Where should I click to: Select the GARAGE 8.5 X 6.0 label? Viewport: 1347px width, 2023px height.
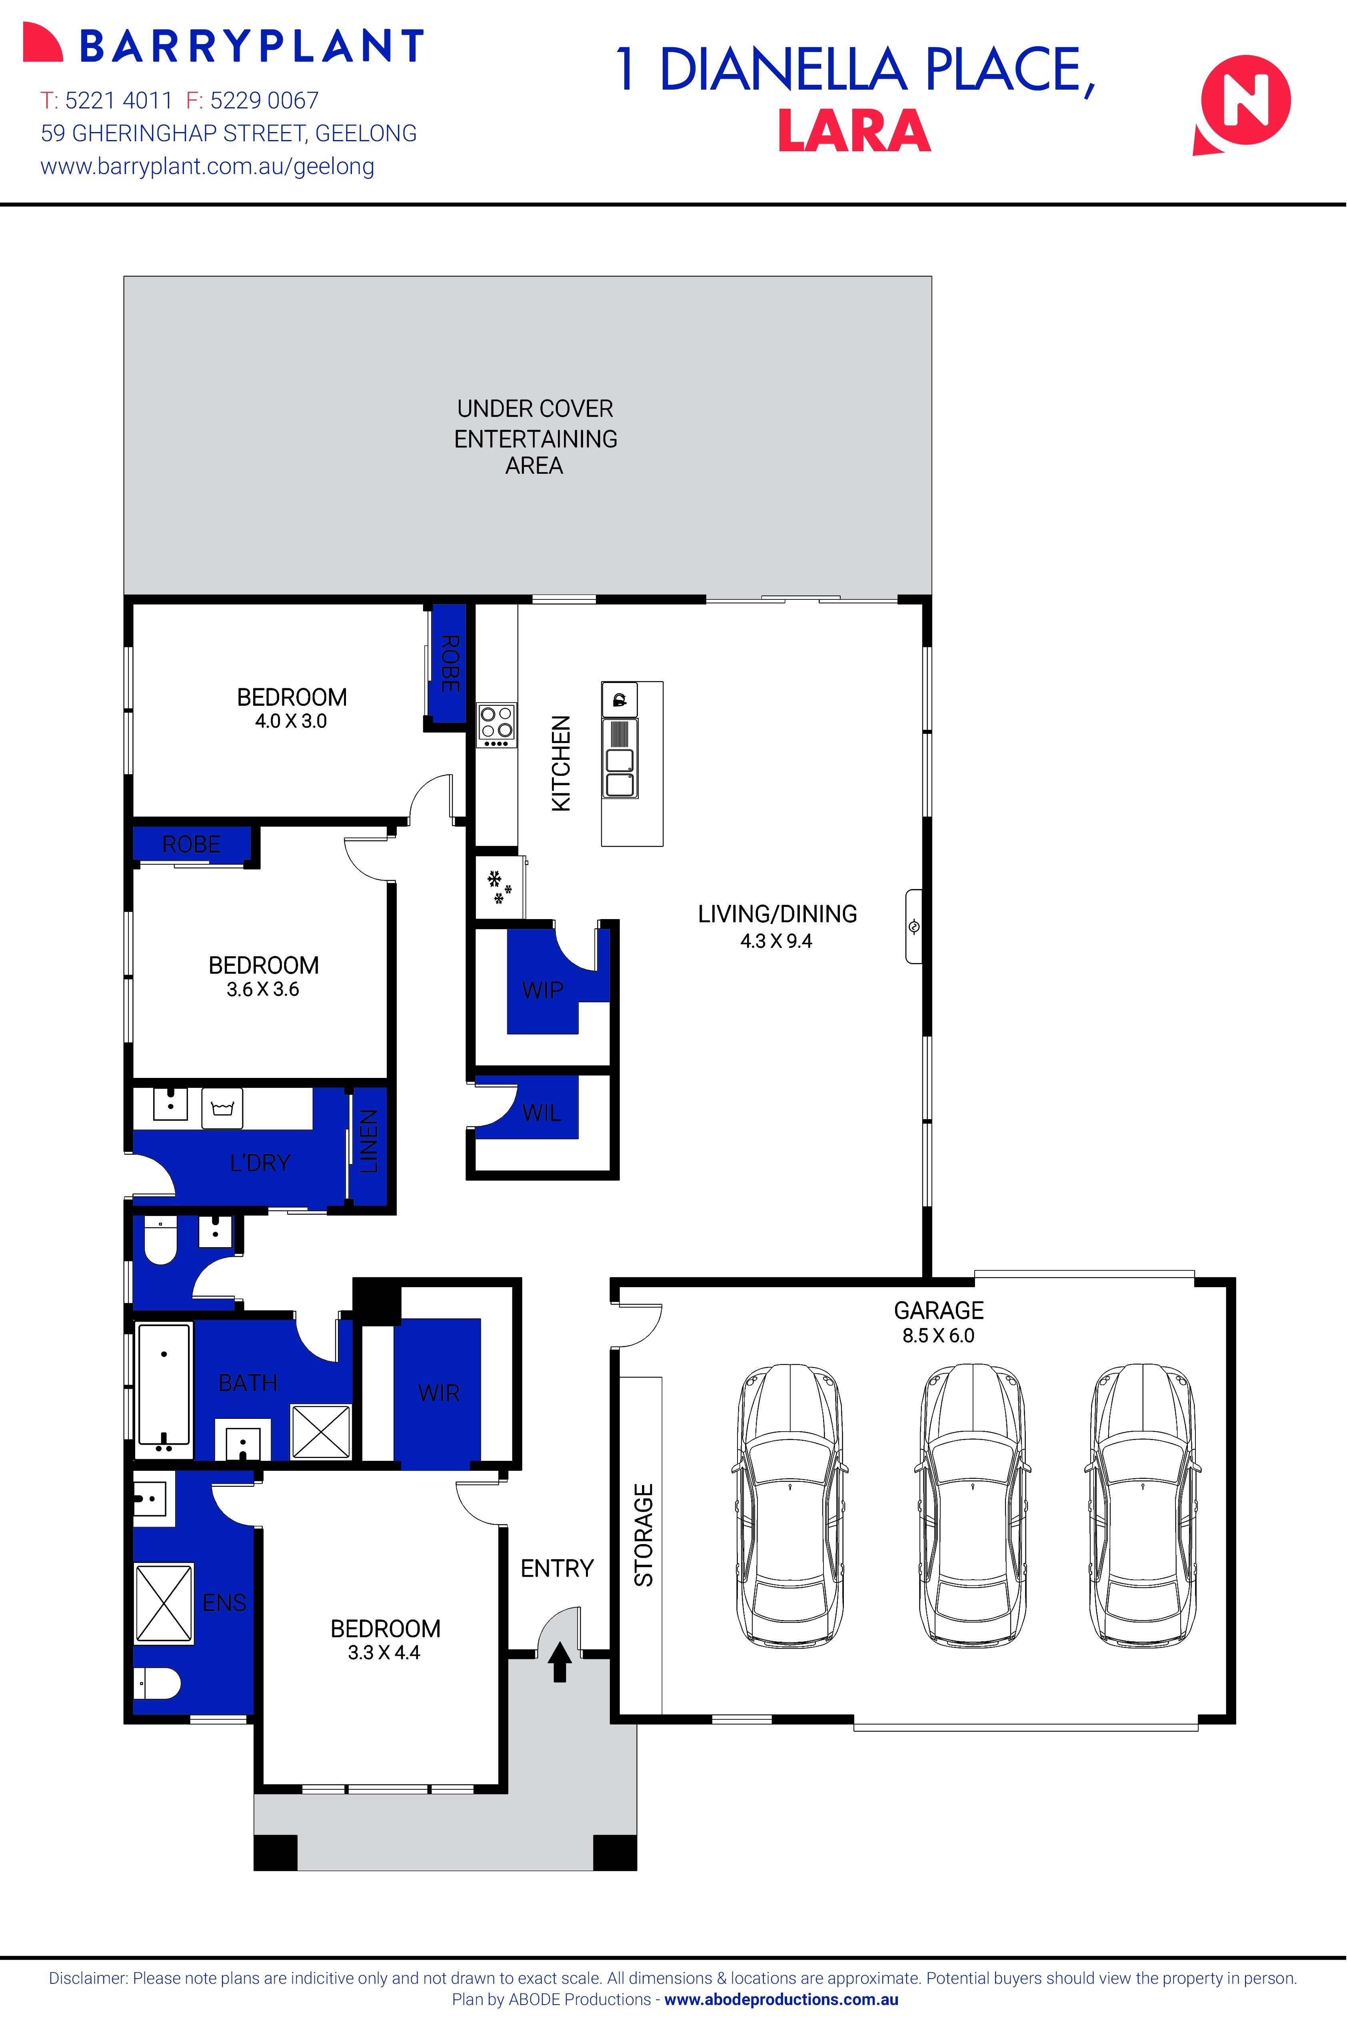click(938, 1322)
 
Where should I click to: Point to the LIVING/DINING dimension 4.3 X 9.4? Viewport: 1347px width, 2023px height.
click(776, 941)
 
